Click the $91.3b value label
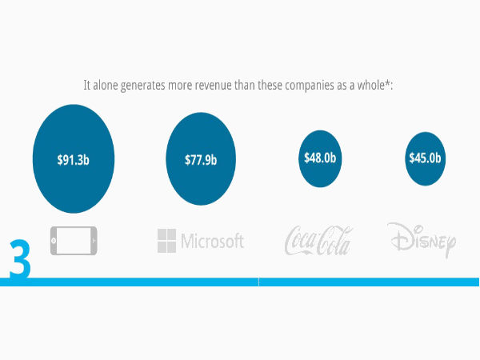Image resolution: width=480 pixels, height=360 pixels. tap(73, 159)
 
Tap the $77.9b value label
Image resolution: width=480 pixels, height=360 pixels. tap(200, 159)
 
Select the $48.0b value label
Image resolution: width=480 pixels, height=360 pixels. tap(320, 158)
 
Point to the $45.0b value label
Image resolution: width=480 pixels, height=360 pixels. tap(424, 158)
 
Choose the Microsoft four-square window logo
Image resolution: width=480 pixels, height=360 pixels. tap(166, 240)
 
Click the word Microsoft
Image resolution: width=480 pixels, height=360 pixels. tap(212, 241)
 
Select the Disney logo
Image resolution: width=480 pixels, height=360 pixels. tap(422, 239)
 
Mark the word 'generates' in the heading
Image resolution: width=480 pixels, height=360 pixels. tap(150, 85)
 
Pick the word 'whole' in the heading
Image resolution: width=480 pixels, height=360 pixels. tap(374, 85)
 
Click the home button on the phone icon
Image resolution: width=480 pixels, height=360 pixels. tap(55, 240)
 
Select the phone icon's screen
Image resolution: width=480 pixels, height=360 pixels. tap(77, 240)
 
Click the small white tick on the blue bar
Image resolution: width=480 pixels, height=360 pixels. tap(258, 282)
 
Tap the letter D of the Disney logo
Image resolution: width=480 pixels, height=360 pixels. tap(398, 237)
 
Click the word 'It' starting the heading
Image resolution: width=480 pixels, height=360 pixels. tap(86, 85)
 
